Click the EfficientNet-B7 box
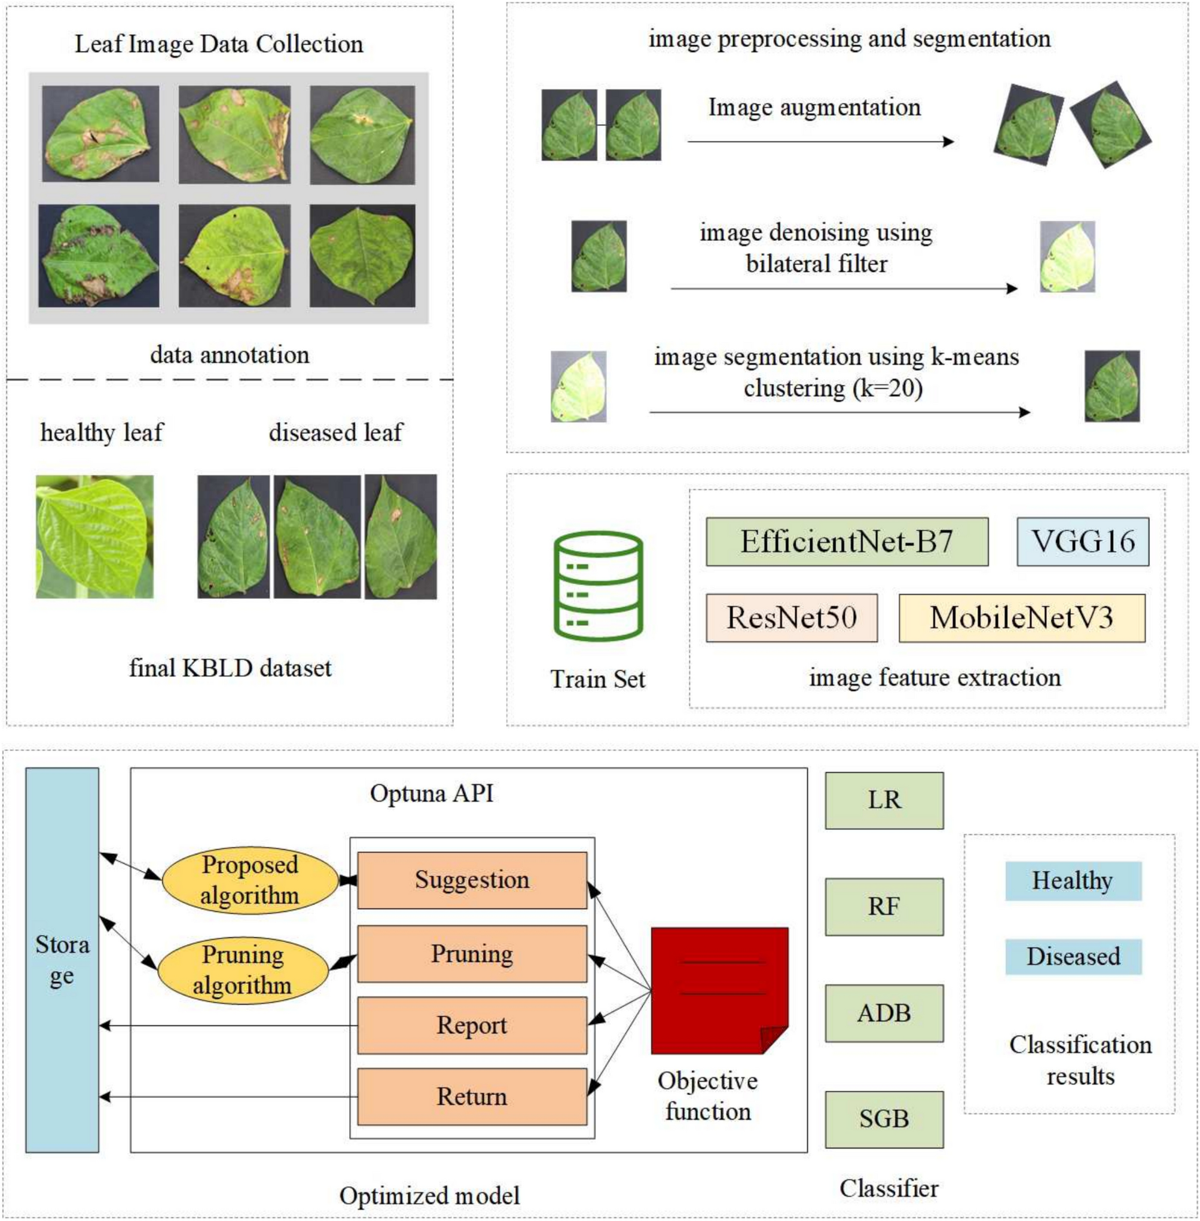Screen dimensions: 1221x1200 pos(847,542)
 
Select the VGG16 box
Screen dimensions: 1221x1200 pos(1082,542)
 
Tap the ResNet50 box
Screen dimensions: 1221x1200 pos(791,617)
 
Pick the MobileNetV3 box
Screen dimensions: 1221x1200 pos(1021,617)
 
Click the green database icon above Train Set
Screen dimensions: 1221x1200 pos(597,586)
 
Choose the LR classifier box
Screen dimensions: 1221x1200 pos(884,800)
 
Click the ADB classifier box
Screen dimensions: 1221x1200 pos(884,1013)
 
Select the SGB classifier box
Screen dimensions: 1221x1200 pos(884,1119)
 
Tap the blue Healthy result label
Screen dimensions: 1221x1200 pos(1073,881)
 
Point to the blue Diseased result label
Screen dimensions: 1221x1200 pos(1073,956)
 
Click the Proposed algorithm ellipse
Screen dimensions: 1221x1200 pos(250,880)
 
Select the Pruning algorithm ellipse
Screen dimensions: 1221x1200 pos(243,969)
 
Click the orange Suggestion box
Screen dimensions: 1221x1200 pos(472,880)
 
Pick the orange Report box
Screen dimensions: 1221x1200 pos(472,1025)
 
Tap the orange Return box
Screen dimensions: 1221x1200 pos(472,1096)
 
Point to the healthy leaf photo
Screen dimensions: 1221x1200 pos(94,536)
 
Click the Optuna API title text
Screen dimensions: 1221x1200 pos(432,793)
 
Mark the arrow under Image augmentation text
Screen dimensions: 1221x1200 pos(819,142)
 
